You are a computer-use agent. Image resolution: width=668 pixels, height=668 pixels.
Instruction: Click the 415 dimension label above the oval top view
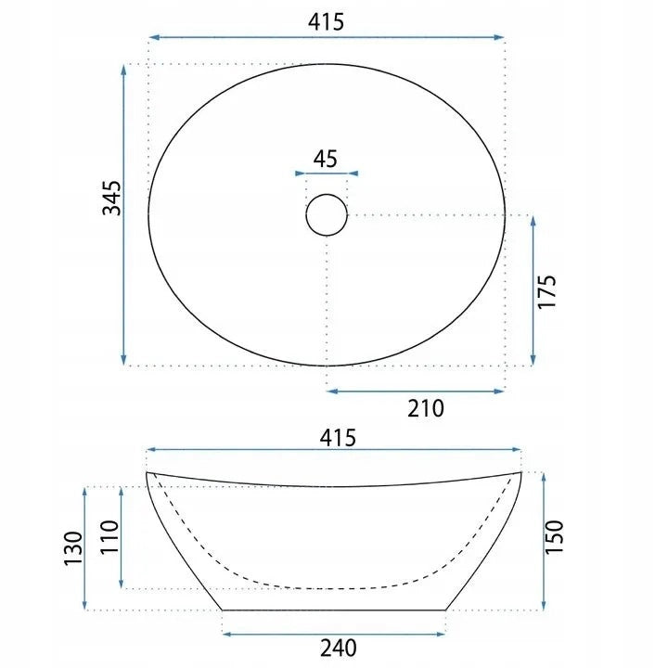(x=326, y=22)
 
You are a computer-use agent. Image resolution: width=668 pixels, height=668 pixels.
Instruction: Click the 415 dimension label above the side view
(x=338, y=438)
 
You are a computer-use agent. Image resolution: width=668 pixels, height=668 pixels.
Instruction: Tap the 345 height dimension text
(x=112, y=199)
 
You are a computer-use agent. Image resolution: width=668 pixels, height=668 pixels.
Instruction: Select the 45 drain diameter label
(x=326, y=159)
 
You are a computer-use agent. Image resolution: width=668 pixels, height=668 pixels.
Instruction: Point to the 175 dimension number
(x=547, y=292)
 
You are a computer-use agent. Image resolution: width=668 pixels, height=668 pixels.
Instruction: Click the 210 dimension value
(x=426, y=408)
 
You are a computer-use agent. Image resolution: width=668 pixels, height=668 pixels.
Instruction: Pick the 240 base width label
(x=339, y=649)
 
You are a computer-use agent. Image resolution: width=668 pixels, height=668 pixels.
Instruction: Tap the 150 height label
(x=554, y=537)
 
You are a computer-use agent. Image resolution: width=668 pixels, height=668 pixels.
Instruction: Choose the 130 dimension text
(x=73, y=548)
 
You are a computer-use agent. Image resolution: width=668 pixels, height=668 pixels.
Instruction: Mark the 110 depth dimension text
(x=109, y=537)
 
